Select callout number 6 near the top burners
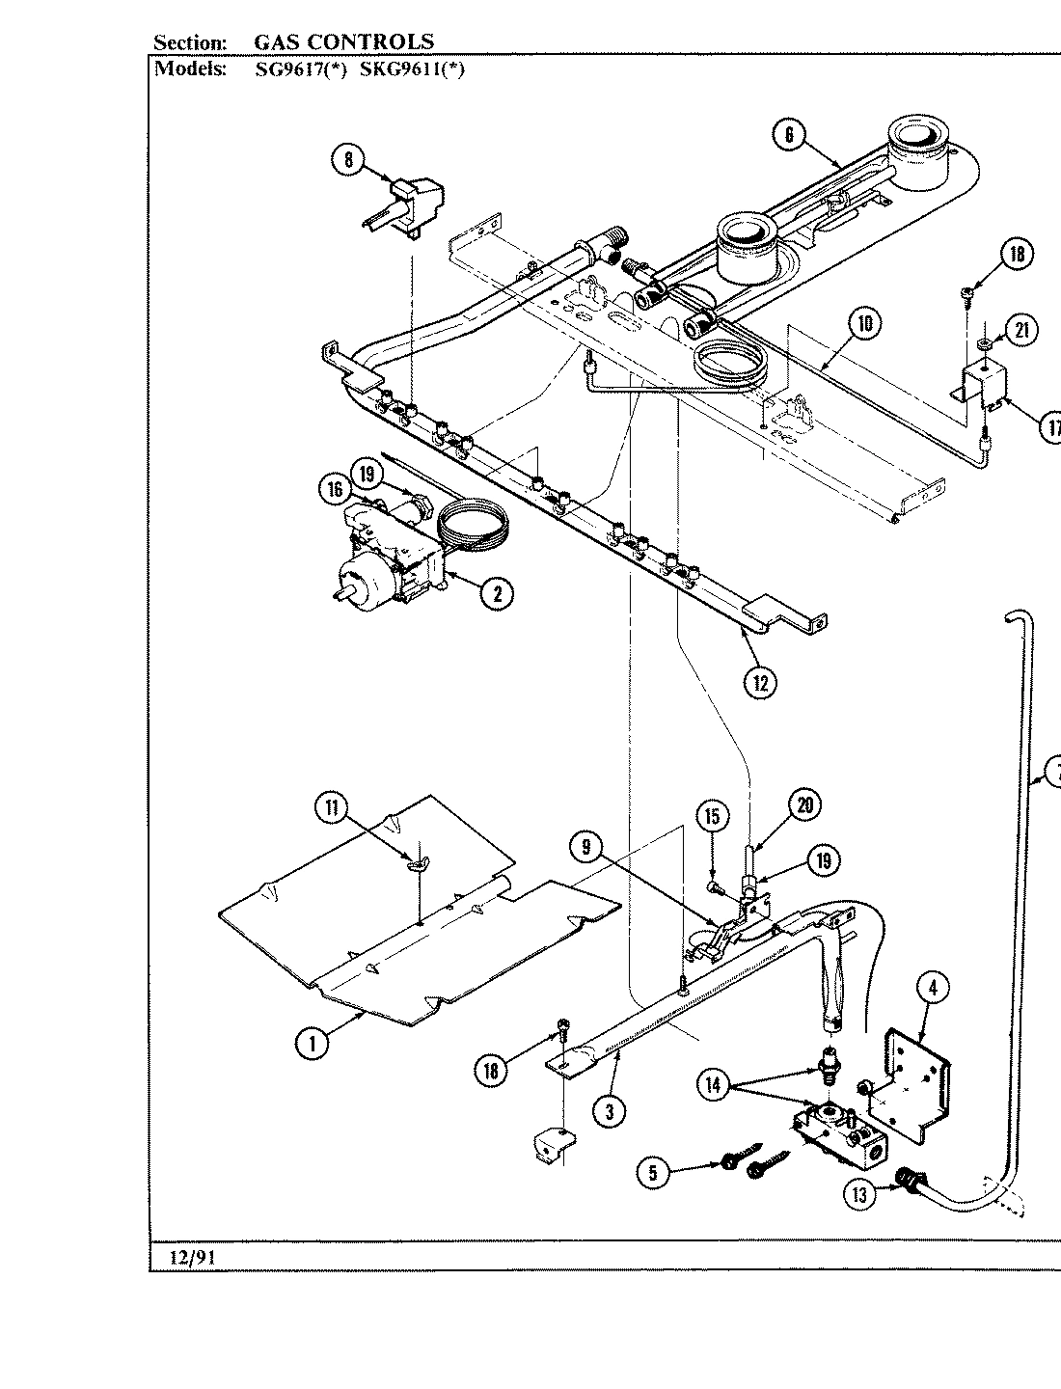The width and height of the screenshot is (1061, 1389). click(788, 135)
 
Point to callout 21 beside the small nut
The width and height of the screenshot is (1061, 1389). click(1021, 331)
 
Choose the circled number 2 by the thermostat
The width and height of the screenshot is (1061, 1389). click(497, 593)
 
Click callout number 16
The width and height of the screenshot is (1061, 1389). click(334, 491)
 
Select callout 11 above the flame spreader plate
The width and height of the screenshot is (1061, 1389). click(331, 807)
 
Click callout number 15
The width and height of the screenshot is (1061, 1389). click(711, 817)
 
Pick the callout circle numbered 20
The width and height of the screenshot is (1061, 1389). click(804, 803)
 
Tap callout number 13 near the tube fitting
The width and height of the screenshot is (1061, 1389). click(859, 1194)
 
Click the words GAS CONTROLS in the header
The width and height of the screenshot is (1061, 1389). click(343, 41)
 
